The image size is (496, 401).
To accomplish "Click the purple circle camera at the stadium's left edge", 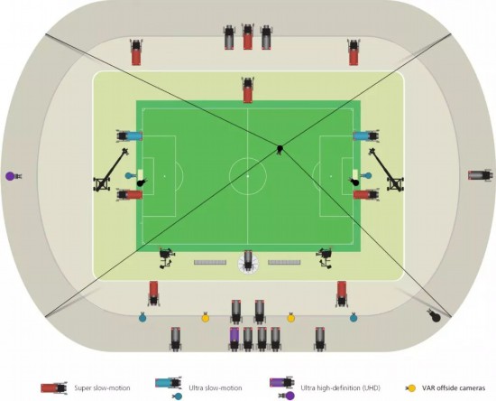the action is tap(13, 176).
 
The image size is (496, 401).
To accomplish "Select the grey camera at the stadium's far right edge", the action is tap(480, 175).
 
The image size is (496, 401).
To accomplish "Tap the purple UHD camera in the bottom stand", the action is tap(234, 339).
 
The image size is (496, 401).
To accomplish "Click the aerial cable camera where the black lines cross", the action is tap(280, 149).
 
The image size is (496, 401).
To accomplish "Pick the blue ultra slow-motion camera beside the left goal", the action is tap(129, 135).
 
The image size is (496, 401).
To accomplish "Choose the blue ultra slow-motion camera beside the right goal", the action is tap(366, 135).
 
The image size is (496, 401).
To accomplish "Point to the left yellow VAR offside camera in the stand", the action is tap(206, 317).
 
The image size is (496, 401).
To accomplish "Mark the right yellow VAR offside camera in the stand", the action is tap(290, 317).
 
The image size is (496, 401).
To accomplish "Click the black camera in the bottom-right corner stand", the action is tap(434, 315).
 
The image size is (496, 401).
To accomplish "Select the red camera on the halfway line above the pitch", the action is tap(248, 90).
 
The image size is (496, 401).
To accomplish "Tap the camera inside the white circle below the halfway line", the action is tap(248, 262).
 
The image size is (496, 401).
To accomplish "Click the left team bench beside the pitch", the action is tap(210, 262).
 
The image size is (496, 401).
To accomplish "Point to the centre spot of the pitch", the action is tap(248, 176).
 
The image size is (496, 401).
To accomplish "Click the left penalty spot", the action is tap(164, 176).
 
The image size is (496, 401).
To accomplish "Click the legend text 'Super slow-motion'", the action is tap(102, 387).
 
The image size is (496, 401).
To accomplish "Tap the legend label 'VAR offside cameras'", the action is tap(454, 388).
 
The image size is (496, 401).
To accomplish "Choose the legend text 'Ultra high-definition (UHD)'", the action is tap(340, 387).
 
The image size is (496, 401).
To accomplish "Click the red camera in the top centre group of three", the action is tap(248, 36).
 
